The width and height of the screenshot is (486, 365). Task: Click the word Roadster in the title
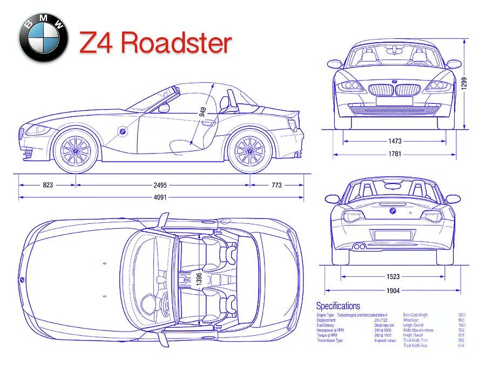coord(177,43)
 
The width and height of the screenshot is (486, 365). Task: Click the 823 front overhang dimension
coord(48,185)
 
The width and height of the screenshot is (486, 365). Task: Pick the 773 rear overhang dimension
coord(276,185)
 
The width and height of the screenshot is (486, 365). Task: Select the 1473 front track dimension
coord(395,141)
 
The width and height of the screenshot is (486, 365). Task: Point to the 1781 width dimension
coord(395,154)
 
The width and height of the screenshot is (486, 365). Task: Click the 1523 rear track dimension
coord(393,277)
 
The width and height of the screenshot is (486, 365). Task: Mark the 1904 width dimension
coord(393,290)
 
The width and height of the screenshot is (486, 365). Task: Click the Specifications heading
coord(338,306)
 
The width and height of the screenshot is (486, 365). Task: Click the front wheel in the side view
coord(76,150)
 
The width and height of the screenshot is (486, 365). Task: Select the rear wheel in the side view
coord(250,150)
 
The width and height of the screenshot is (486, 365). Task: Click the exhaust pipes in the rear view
coord(358,247)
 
